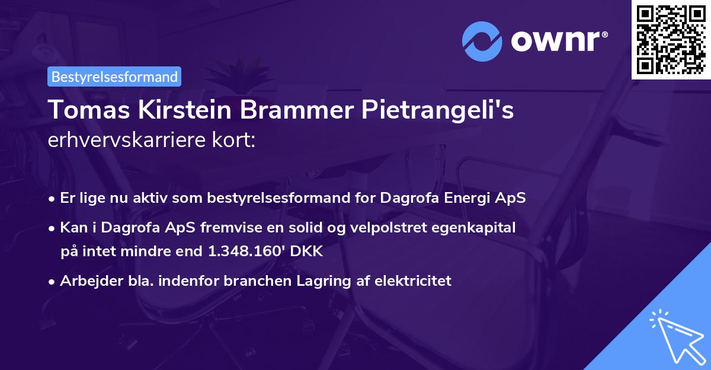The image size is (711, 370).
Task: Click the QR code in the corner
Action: click(x=671, y=39)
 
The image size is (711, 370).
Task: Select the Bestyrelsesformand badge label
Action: click(x=114, y=76)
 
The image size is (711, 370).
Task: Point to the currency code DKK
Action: click(x=306, y=251)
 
